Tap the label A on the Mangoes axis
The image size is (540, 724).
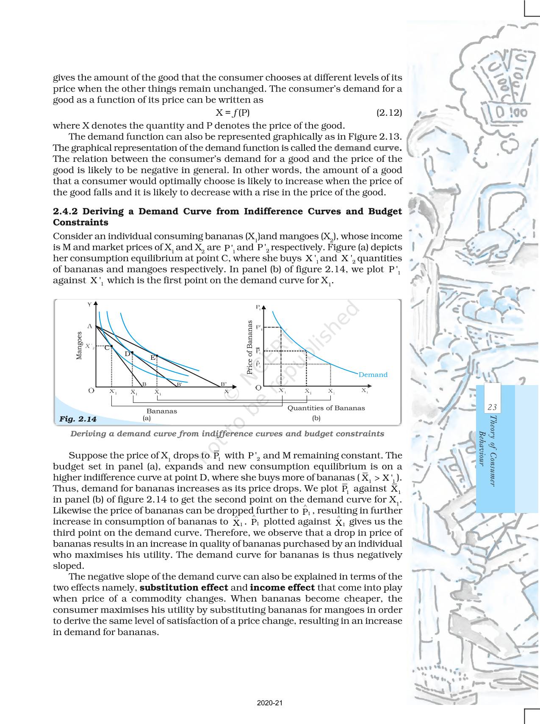click(90, 326)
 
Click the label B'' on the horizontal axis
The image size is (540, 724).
click(224, 384)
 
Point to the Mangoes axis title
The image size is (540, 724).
click(79, 345)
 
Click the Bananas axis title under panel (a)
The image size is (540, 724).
click(162, 411)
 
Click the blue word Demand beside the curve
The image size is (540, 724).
click(373, 374)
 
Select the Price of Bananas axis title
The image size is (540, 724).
click(250, 347)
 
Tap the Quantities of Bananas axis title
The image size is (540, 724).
click(326, 408)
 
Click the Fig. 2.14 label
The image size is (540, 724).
click(78, 419)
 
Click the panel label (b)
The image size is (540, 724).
click(316, 418)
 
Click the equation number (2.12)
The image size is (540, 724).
click(389, 113)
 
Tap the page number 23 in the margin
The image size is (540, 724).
click(492, 407)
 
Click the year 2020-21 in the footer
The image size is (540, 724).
click(270, 703)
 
